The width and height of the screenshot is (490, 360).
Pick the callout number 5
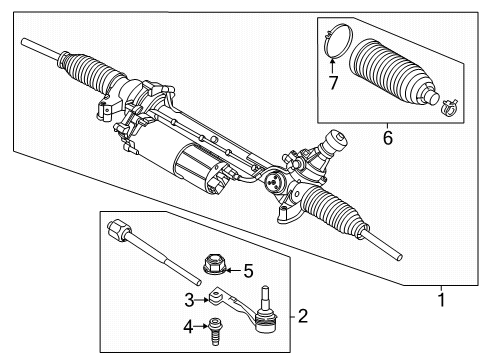[x=249, y=269]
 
